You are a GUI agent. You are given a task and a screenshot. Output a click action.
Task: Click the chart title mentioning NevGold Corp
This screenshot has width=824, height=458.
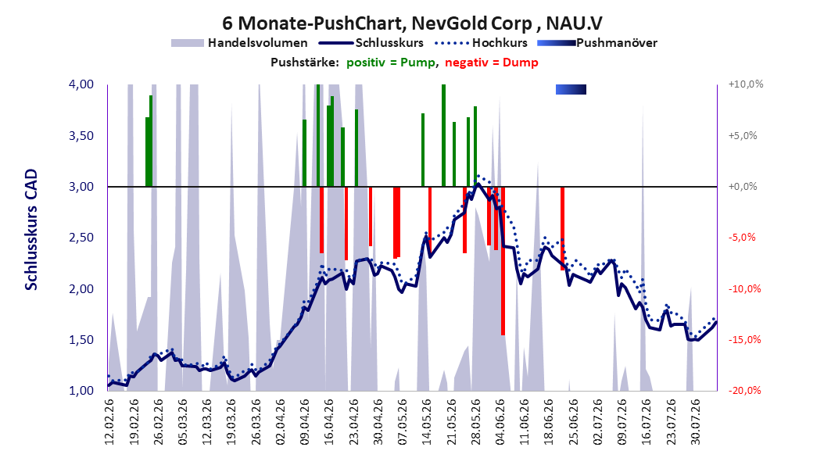coord(413,23)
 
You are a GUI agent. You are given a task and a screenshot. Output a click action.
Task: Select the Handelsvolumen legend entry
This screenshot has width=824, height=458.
coord(240,43)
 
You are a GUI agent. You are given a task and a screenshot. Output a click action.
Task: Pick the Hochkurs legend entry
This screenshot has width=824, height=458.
coord(481,43)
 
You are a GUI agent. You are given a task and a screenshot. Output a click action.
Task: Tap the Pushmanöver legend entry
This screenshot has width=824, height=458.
coord(597,43)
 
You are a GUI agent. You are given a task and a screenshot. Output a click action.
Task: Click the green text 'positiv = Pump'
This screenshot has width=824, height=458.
coord(391,63)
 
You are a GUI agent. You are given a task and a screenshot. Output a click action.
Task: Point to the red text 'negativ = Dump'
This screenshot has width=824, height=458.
coord(492,63)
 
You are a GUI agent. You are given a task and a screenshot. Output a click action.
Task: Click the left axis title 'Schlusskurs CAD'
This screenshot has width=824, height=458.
coord(31,230)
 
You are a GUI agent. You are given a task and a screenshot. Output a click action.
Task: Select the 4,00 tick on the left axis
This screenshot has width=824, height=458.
coord(81,84)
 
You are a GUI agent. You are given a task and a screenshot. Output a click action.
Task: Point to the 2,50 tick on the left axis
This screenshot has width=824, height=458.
coord(81,238)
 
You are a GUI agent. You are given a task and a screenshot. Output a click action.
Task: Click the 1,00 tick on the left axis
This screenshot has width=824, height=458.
coord(81,391)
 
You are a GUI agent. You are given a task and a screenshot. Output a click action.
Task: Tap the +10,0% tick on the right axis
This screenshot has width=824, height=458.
coord(746,84)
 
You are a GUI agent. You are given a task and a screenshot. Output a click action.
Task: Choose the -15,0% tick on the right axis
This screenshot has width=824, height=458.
coord(744,340)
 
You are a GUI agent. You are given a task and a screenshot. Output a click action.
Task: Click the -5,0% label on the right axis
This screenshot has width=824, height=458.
coord(742,238)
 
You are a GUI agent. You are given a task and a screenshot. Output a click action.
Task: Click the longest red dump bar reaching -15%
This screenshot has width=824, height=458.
coord(503,261)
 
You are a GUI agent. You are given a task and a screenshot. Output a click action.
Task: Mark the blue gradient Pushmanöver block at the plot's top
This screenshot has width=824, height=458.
coord(571,90)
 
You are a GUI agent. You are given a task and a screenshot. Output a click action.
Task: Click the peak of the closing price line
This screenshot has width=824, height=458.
coord(477,184)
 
